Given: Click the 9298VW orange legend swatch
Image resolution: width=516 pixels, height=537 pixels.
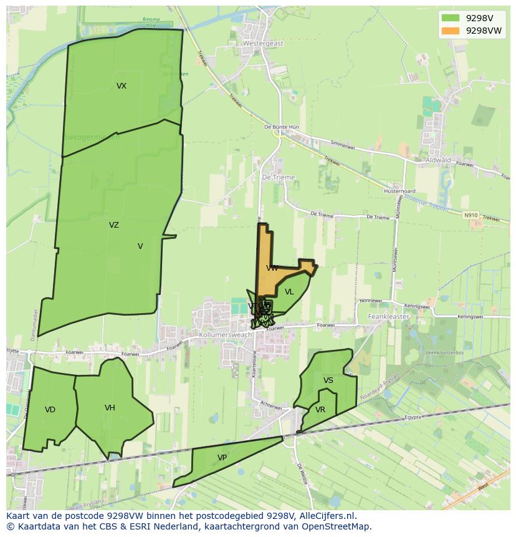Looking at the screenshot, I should (x=450, y=31).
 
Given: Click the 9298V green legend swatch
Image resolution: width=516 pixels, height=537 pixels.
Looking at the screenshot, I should (x=450, y=18).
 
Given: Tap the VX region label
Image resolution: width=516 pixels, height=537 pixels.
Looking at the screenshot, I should (x=121, y=86).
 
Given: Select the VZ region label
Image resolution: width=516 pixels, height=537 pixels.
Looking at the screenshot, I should (x=113, y=225).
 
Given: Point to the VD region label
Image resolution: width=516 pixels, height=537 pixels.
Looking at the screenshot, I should (x=50, y=410).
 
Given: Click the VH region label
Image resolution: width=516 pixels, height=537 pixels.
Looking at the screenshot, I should (x=110, y=408).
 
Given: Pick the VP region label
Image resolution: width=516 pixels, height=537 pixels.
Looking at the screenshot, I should (x=222, y=458).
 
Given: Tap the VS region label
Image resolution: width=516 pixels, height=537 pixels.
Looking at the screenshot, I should (x=328, y=380).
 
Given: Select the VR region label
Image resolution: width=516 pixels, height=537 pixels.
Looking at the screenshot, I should (x=320, y=410).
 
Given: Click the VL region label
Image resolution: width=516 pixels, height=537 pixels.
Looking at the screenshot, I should (x=289, y=292).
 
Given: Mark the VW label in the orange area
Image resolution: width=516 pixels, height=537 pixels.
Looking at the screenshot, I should (x=272, y=268).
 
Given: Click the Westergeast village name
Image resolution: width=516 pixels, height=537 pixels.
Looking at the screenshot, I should (x=263, y=44).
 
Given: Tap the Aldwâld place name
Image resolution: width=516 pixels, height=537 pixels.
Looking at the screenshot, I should (x=437, y=160).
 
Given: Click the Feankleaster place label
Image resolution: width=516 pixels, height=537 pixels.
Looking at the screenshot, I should (x=388, y=317).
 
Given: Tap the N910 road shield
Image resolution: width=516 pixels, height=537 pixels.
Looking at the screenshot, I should (x=471, y=215).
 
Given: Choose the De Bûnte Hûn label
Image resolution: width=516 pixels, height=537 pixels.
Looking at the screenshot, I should (x=282, y=127).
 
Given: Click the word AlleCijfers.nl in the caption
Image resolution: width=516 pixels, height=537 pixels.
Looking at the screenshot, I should (x=325, y=516).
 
